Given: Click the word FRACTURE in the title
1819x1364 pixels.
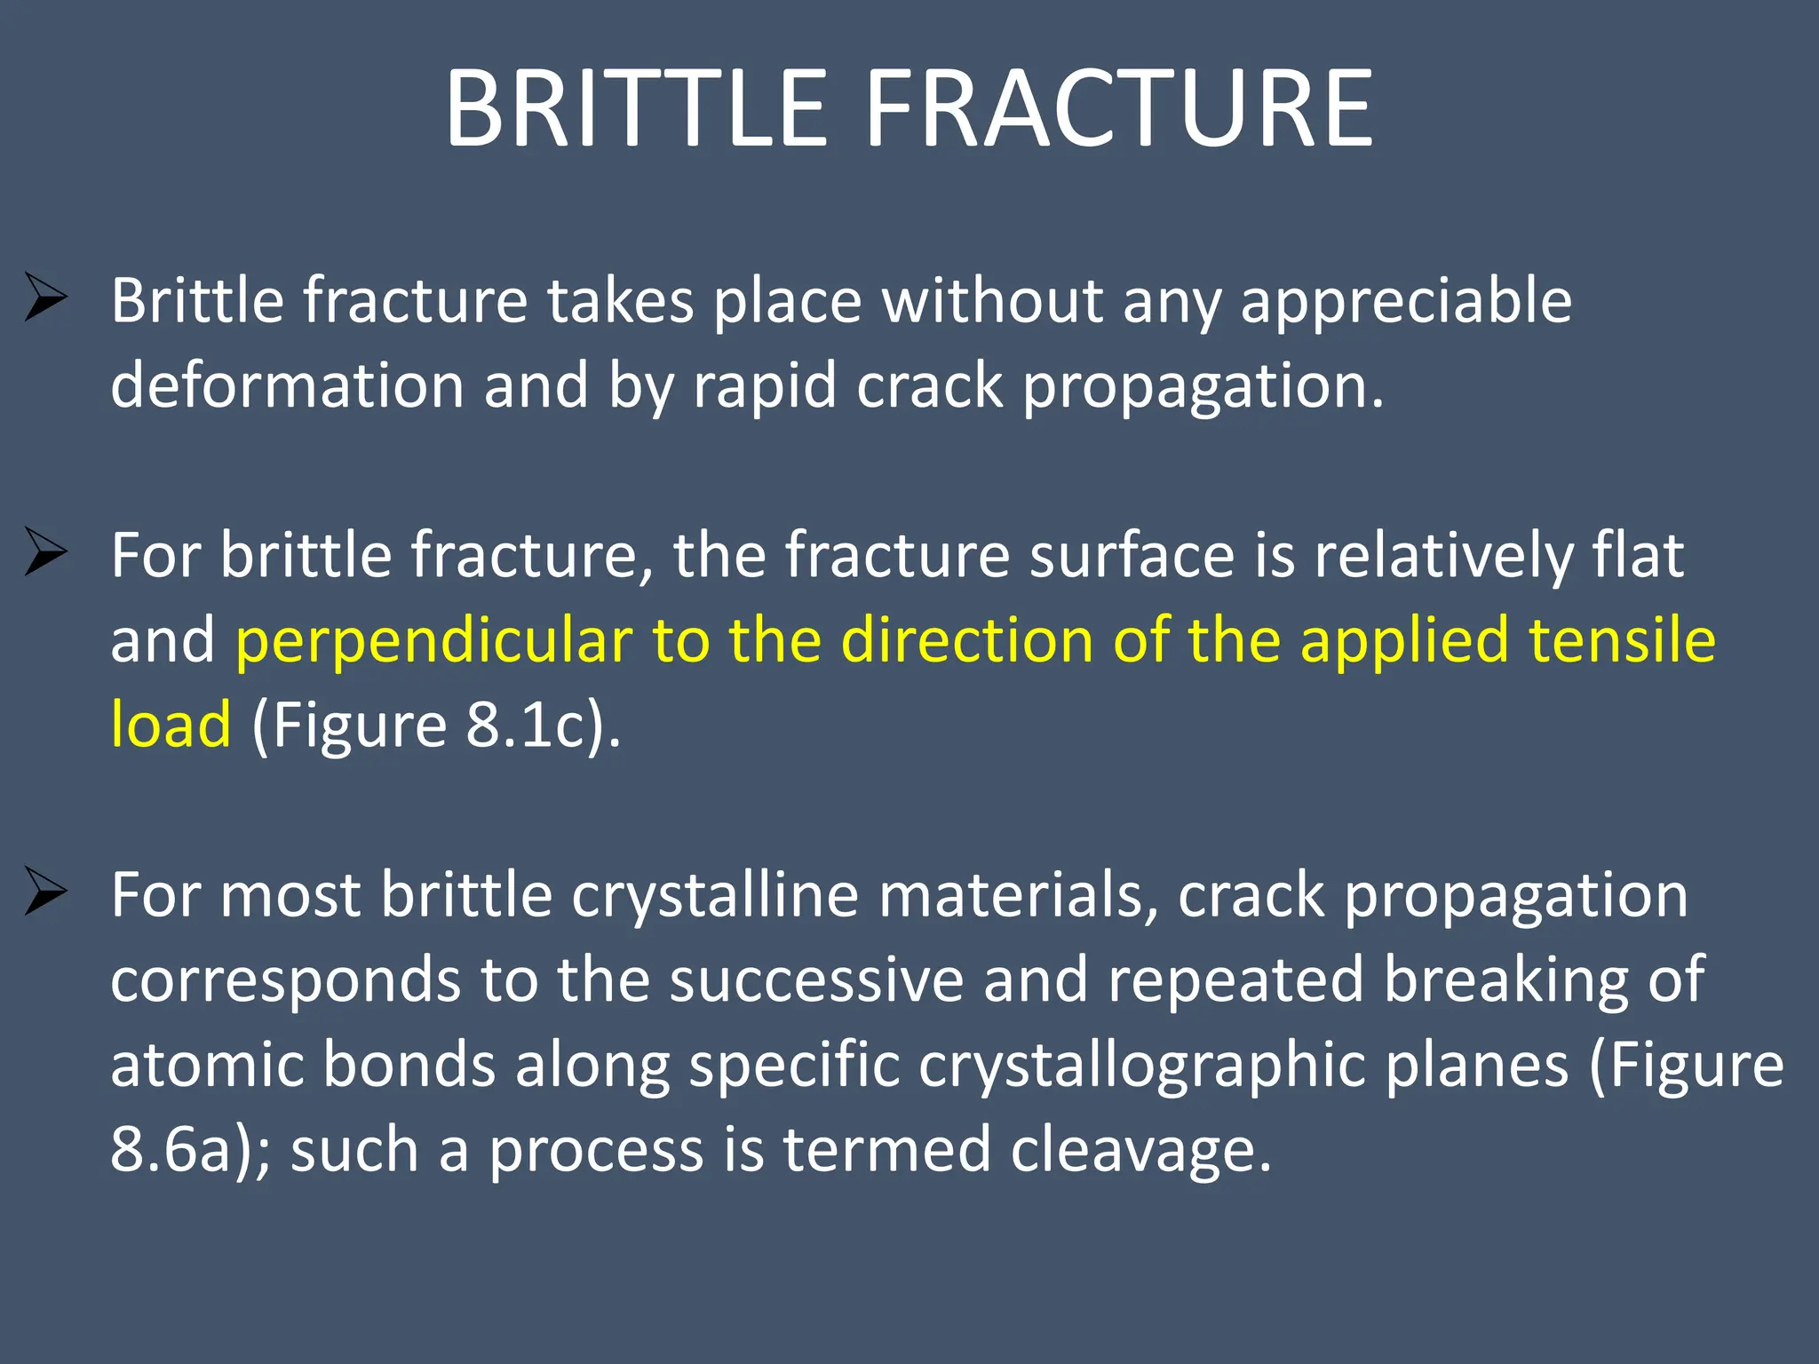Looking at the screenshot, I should (1119, 109).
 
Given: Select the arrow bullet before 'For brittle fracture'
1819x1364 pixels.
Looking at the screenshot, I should (46, 551).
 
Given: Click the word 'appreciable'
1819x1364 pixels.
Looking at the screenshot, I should (1405, 302).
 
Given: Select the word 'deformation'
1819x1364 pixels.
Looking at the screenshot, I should (287, 386).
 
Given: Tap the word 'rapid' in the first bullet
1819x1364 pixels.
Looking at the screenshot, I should (765, 386).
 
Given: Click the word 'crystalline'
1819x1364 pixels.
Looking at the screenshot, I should (715, 895).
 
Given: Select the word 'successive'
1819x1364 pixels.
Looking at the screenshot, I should (816, 979).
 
